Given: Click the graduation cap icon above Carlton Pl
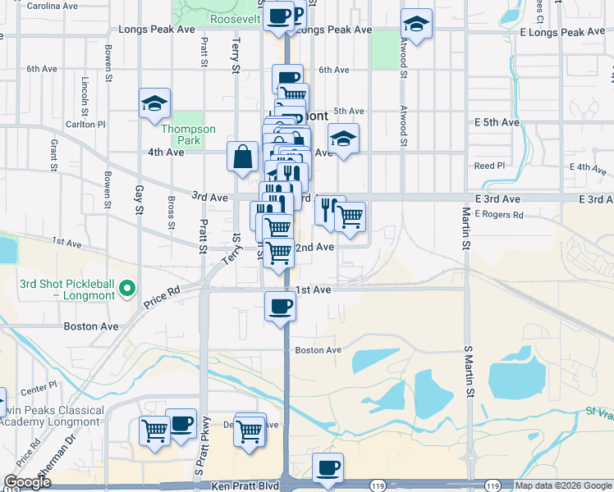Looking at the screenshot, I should tap(153, 103).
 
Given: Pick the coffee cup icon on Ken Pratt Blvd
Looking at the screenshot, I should tap(328, 467).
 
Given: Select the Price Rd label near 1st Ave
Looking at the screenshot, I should tap(162, 296).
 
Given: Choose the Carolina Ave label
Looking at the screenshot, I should tap(52, 6).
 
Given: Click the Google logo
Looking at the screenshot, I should tap(27, 482).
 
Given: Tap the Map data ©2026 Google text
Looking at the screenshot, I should tap(562, 485).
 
